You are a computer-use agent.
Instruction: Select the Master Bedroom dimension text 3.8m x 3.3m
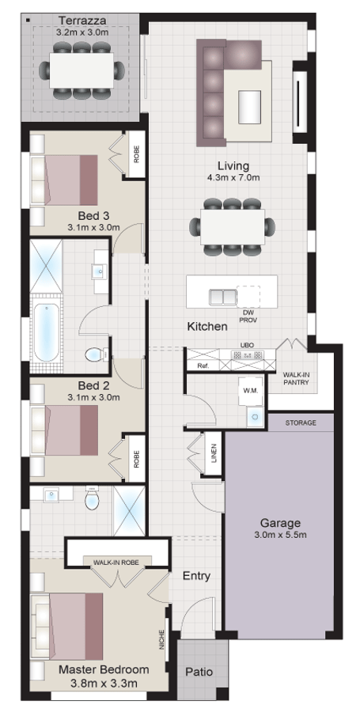tap(98, 684)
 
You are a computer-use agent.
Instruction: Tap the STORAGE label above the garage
tap(301, 423)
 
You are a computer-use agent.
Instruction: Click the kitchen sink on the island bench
tap(222, 297)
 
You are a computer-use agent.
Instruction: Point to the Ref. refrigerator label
tap(203, 365)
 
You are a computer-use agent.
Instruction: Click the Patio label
tap(199, 672)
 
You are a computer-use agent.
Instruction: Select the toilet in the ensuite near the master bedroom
tap(91, 501)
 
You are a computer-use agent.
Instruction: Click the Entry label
tap(196, 575)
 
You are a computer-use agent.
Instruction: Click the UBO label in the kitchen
tap(246, 346)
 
